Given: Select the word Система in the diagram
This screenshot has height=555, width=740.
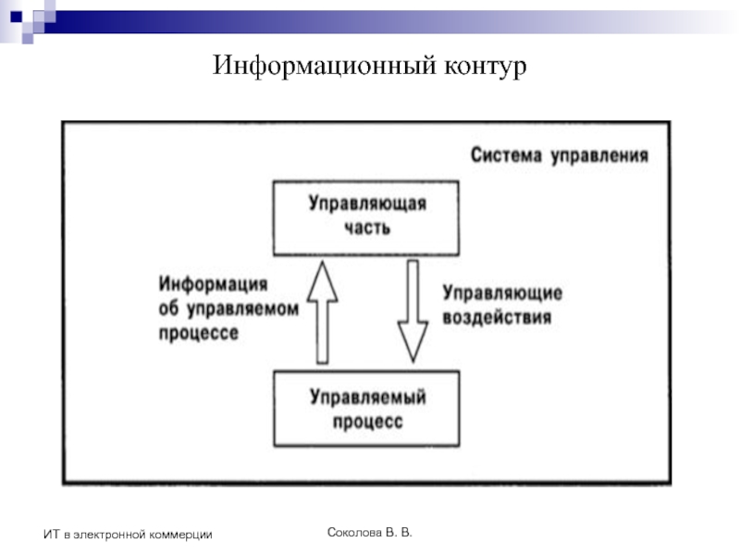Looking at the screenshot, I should click(506, 155).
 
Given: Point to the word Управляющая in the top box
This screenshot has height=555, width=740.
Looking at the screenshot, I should click(367, 205).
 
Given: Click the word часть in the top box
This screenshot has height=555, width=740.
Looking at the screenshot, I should click(367, 228).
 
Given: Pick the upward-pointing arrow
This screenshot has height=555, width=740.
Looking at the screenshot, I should click(324, 311).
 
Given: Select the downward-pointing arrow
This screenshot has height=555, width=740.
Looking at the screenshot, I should click(412, 311).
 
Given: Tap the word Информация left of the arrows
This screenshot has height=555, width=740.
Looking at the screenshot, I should click(213, 285).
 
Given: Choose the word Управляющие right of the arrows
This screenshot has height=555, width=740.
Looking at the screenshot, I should click(502, 294).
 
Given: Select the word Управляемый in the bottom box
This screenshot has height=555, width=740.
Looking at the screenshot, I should click(367, 399).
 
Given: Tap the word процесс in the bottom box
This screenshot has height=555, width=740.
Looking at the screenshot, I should click(367, 422).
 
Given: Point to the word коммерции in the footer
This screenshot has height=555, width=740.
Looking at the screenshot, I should click(182, 535).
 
